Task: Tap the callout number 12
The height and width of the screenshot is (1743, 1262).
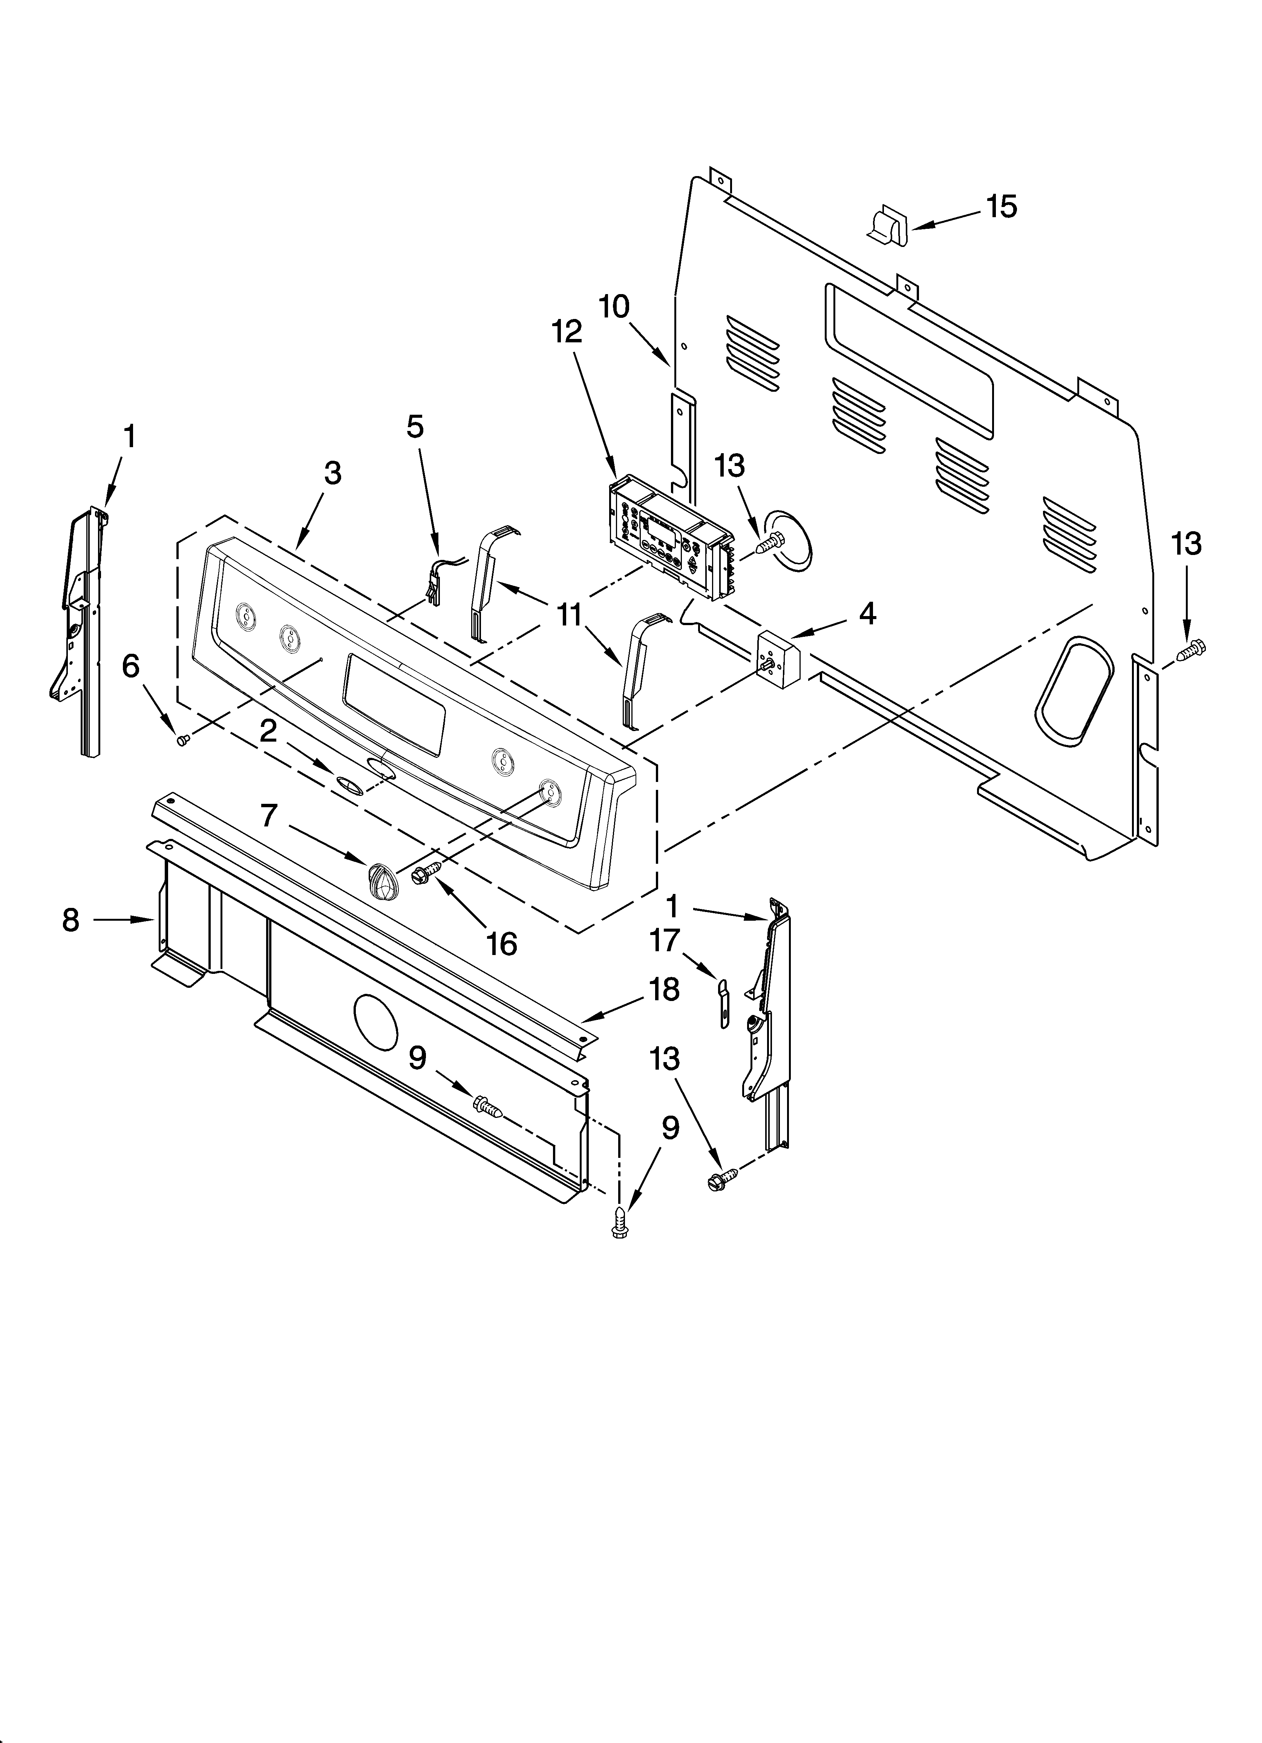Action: pyautogui.click(x=567, y=332)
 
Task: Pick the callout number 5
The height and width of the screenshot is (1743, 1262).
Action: pyautogui.click(x=415, y=426)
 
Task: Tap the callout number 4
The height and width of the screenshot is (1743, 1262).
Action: pyautogui.click(x=867, y=613)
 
